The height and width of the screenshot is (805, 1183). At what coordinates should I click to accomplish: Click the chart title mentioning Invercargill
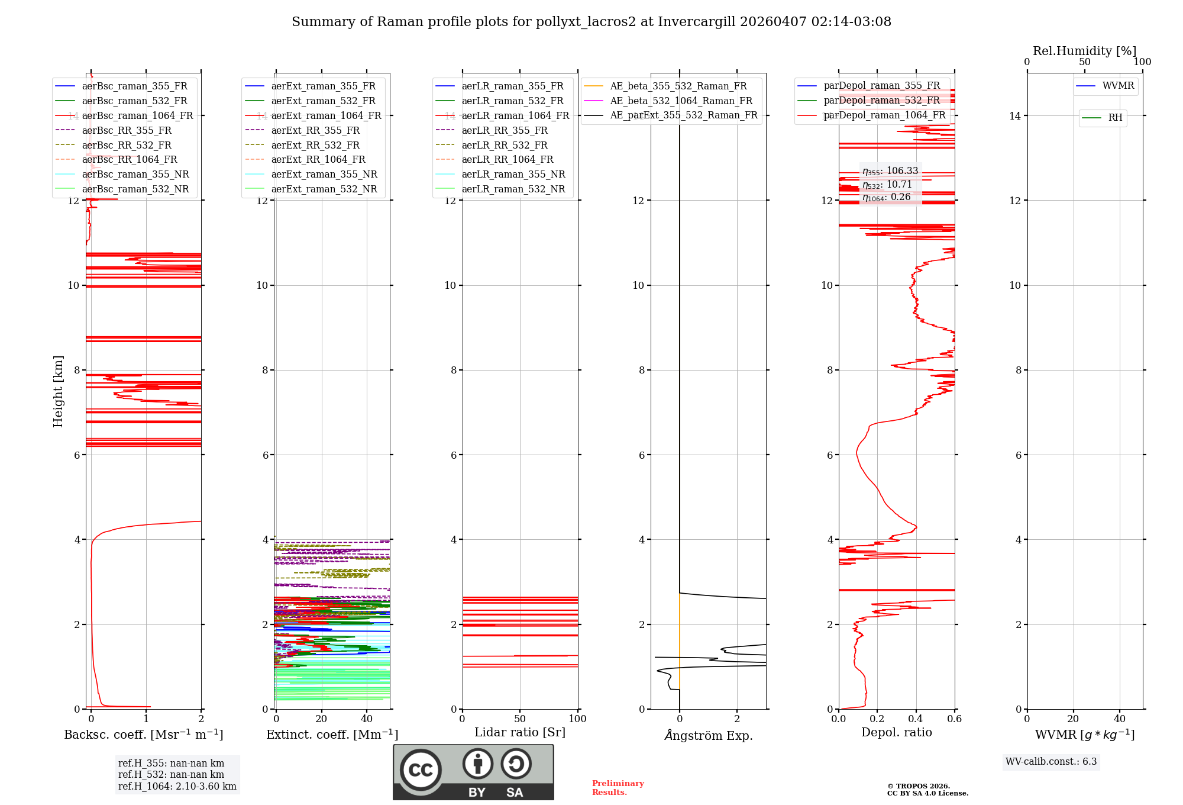coord(591,22)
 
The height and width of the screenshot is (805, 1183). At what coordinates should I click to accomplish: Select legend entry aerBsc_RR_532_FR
coord(127,145)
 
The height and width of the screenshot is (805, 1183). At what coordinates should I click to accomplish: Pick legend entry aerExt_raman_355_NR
coord(324,174)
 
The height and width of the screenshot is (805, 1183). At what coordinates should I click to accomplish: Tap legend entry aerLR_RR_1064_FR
coord(507,159)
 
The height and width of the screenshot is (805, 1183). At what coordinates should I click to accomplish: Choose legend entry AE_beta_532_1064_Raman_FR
coord(681,101)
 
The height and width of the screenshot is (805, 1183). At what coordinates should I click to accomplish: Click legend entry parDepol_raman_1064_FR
coord(884,115)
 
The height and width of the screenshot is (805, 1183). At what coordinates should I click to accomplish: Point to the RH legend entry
coord(1115,118)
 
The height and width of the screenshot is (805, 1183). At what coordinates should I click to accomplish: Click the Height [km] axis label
coord(58,391)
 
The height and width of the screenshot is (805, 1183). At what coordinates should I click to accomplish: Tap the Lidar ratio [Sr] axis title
coord(520,732)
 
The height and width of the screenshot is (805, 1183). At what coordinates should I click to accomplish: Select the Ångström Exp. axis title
coord(709,735)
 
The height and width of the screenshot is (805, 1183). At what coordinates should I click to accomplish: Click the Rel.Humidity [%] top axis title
coord(1084,51)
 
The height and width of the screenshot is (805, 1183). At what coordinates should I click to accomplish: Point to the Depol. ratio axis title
coord(896,732)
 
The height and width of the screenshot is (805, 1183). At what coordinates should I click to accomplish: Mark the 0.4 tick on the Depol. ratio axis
coord(916,719)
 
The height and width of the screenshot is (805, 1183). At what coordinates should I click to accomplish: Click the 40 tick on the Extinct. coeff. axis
coord(367,719)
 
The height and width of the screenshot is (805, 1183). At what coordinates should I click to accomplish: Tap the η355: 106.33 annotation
coord(890,171)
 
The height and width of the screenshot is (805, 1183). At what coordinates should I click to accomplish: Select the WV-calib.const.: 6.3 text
coord(1051,762)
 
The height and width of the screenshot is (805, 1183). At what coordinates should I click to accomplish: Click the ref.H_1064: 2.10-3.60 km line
coord(177,787)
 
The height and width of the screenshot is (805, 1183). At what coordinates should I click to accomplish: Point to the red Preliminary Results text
coord(618,788)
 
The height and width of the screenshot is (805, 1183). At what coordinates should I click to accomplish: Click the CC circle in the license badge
coord(421,770)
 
